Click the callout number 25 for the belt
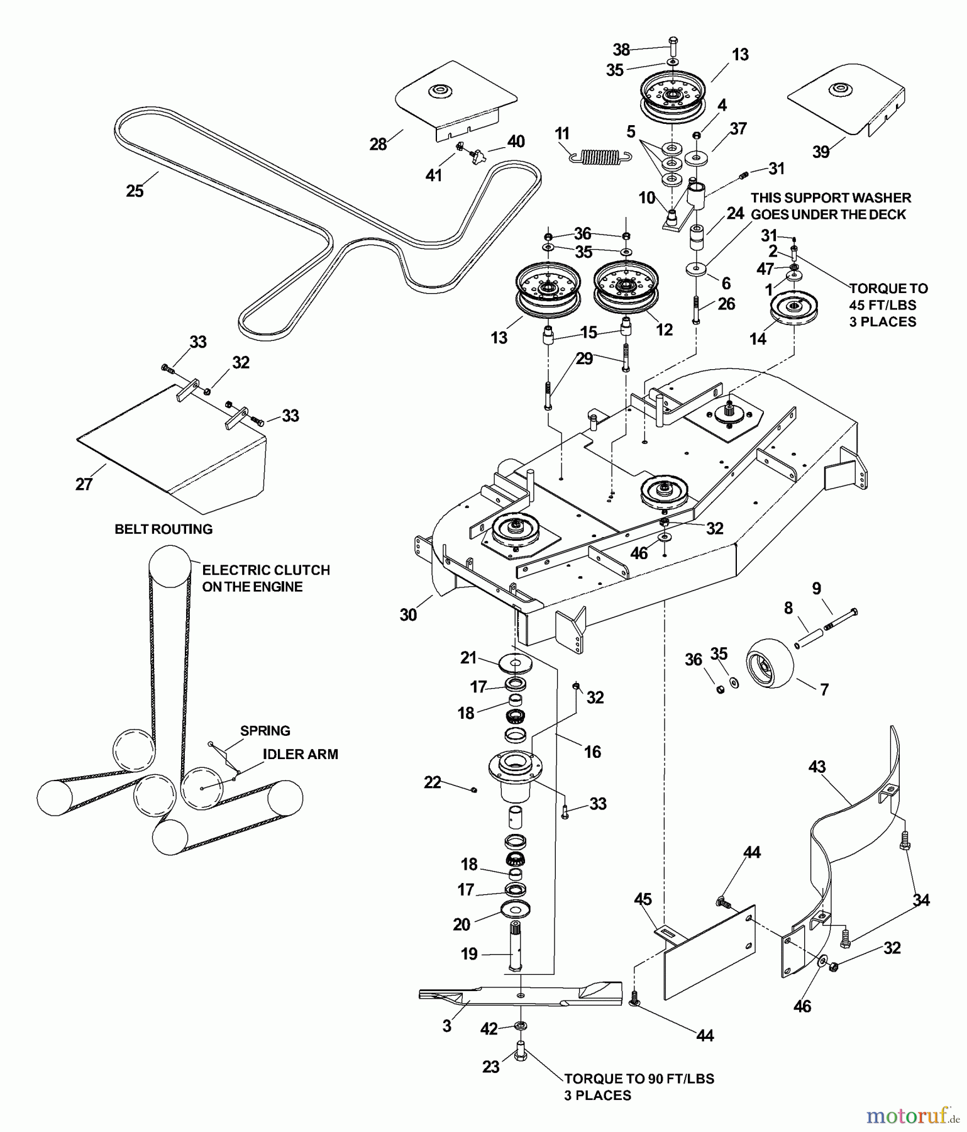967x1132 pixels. (135, 191)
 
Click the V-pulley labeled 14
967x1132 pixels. (793, 308)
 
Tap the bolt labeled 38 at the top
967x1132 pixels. (671, 45)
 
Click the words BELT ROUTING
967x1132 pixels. (163, 529)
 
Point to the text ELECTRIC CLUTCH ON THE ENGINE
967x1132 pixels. (265, 578)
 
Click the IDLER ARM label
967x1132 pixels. (300, 754)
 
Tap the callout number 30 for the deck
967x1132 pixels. (408, 614)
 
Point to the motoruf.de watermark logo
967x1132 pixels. (912, 1116)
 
